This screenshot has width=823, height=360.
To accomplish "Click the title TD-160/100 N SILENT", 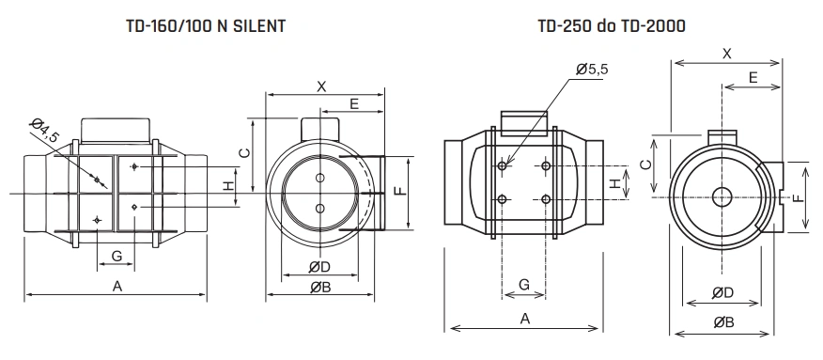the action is pyautogui.click(x=206, y=25).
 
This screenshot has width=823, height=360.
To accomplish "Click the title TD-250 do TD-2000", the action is pyautogui.click(x=612, y=25).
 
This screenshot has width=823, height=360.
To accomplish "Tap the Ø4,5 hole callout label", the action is pyautogui.click(x=44, y=130).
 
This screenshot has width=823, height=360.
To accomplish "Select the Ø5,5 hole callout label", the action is pyautogui.click(x=592, y=70).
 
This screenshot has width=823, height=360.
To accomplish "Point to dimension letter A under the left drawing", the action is pyautogui.click(x=117, y=286).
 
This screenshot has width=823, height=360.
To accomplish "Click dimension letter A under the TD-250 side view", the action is pyautogui.click(x=524, y=319).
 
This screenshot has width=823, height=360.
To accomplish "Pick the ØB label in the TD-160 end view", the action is pyautogui.click(x=320, y=287).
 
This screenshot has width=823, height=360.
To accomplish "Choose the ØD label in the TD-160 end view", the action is pyautogui.click(x=319, y=267).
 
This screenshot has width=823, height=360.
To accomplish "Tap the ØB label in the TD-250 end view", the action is pyautogui.click(x=723, y=322).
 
